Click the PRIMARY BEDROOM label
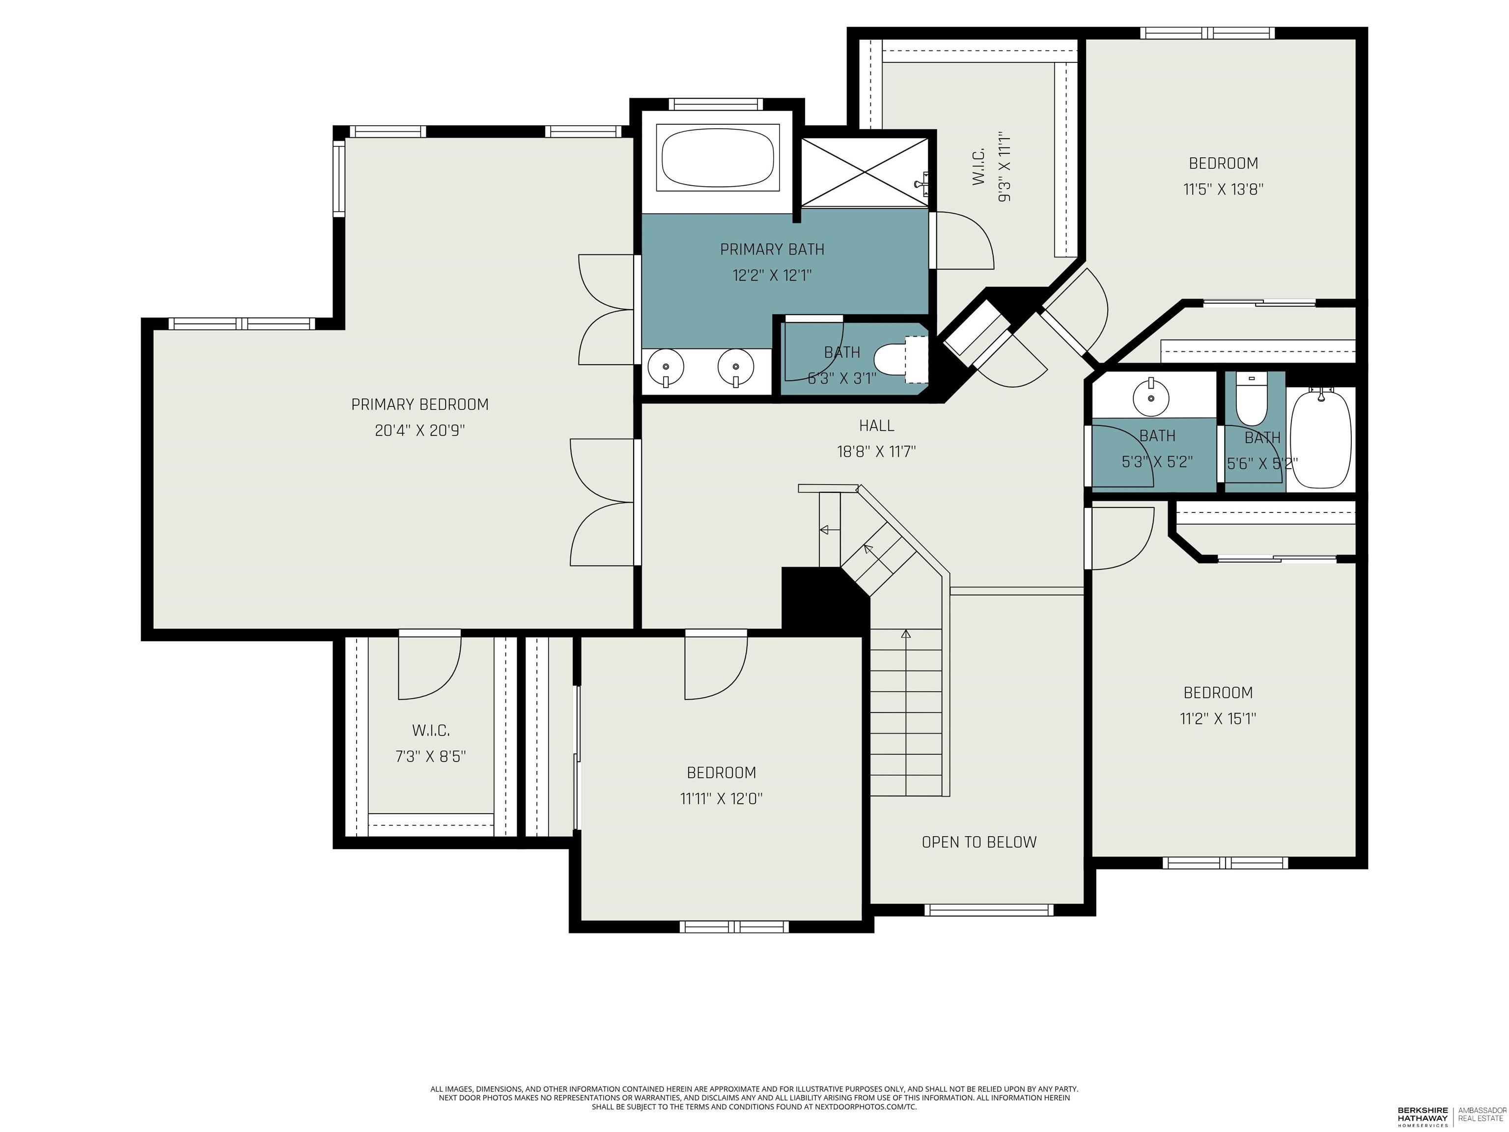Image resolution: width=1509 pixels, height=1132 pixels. pyautogui.click(x=419, y=405)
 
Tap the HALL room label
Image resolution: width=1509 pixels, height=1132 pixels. pyautogui.click(x=877, y=426)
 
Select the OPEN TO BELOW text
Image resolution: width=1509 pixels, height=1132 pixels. pyautogui.click(x=979, y=842)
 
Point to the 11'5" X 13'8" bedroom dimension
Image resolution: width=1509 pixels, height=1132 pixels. pyautogui.click(x=1223, y=189)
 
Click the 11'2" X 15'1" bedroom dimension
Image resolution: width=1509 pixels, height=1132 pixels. pyautogui.click(x=1218, y=718)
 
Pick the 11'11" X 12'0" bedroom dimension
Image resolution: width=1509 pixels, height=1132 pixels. pyautogui.click(x=721, y=798)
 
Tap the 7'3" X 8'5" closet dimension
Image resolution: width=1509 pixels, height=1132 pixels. pyautogui.click(x=430, y=757)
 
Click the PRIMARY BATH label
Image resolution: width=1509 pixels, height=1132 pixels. pyautogui.click(x=772, y=250)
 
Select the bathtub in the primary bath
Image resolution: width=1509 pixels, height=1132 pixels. pyautogui.click(x=718, y=158)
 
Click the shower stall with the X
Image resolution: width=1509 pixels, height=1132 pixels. pyautogui.click(x=865, y=171)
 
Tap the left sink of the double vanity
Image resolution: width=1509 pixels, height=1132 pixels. pyautogui.click(x=665, y=368)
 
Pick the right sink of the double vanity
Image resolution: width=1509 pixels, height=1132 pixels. pyautogui.click(x=736, y=368)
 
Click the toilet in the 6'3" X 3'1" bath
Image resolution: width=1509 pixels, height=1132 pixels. pyautogui.click(x=900, y=359)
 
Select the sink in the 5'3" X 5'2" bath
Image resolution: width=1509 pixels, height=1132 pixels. pyautogui.click(x=1151, y=395)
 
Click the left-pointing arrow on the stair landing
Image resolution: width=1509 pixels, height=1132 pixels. pyautogui.click(x=830, y=530)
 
